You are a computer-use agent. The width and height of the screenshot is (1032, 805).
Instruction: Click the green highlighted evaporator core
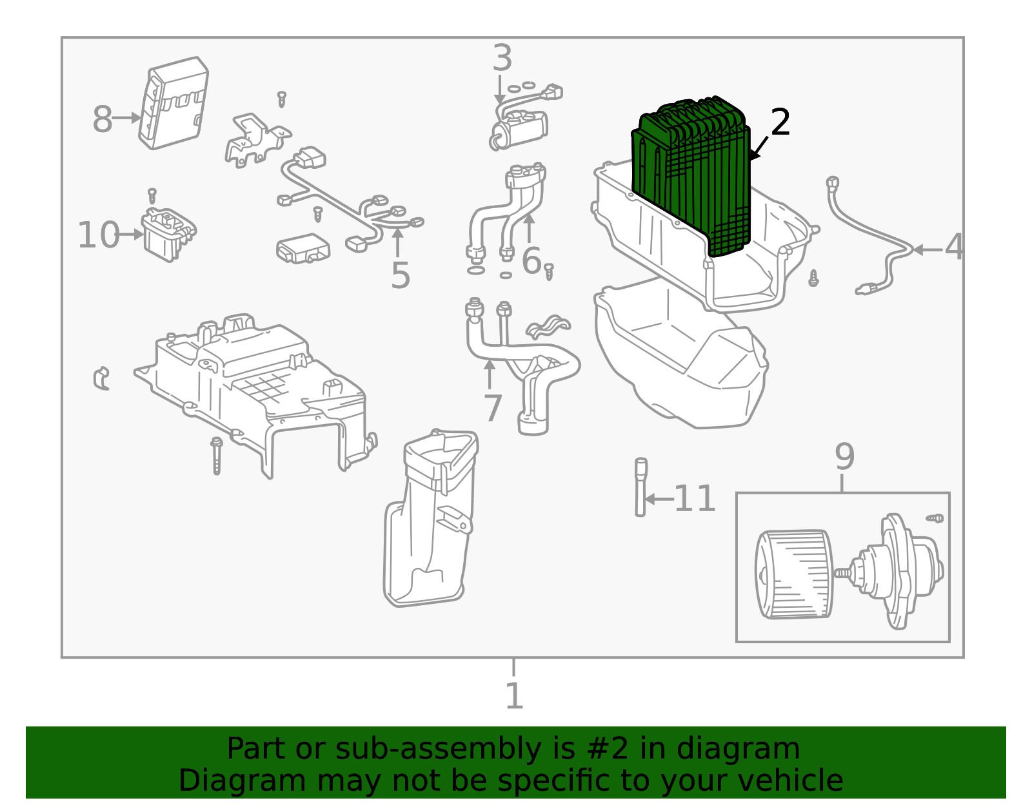[x=691, y=175]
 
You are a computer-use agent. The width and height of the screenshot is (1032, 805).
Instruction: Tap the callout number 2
[x=780, y=122]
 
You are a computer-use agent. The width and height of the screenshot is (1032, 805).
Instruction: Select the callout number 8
[x=102, y=119]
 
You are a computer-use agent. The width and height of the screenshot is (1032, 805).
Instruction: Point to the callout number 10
[x=98, y=235]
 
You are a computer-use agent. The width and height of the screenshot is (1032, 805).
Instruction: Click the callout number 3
[x=502, y=57]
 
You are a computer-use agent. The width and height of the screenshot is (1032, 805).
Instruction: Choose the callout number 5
[x=400, y=275]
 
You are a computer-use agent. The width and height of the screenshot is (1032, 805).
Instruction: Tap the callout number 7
[x=493, y=408]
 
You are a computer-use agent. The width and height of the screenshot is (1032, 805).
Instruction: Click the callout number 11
[x=694, y=498]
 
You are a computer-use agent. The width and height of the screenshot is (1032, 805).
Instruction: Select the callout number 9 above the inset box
[x=844, y=456]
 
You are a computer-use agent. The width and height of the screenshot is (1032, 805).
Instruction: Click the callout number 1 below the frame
[x=514, y=695]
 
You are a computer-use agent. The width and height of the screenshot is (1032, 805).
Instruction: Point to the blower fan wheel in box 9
[x=793, y=574]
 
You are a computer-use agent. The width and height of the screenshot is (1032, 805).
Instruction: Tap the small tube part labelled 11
[x=640, y=487]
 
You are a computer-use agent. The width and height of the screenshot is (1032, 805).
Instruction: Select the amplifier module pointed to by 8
[x=174, y=103]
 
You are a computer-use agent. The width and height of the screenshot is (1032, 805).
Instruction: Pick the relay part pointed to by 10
[x=168, y=235]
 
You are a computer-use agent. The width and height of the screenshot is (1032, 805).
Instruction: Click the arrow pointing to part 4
[x=928, y=249]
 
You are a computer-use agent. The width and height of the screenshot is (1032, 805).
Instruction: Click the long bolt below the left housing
[x=217, y=456]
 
